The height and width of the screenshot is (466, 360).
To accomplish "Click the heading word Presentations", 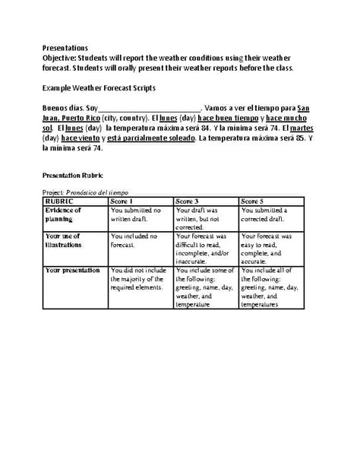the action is (65, 47).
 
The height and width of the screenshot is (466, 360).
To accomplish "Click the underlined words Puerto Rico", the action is (84, 119).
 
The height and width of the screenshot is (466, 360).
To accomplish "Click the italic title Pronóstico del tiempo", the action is (102, 193).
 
